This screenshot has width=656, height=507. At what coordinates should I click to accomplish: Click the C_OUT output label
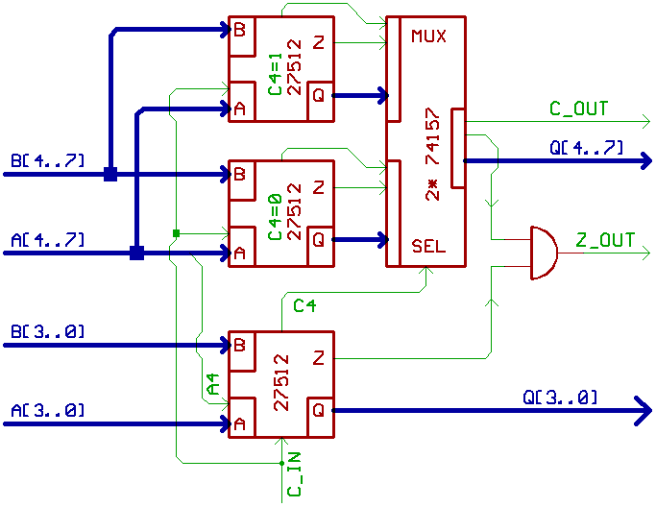[578, 109]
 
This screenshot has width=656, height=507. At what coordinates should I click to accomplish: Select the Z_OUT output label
[605, 240]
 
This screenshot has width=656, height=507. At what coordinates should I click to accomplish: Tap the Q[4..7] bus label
[586, 148]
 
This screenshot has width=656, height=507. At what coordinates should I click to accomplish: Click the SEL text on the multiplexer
[428, 246]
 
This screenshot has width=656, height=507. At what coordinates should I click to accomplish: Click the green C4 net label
[304, 305]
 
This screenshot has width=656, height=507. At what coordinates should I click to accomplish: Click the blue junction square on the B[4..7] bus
[110, 174]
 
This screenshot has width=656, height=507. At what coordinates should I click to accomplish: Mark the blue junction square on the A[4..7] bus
[136, 253]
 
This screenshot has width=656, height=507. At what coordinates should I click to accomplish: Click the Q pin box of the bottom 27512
[318, 410]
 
